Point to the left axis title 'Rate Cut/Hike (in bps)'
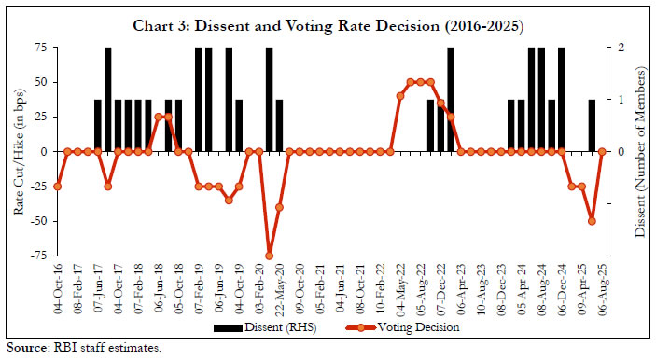click(x=21, y=149)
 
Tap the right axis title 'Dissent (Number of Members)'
click(x=641, y=149)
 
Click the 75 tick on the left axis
click(x=42, y=47)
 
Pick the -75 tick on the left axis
click(x=40, y=256)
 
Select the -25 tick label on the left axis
click(x=40, y=186)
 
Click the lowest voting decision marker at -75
click(x=269, y=256)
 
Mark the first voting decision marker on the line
click(x=58, y=187)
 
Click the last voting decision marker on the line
click(x=603, y=151)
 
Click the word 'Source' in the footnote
click(x=23, y=346)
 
